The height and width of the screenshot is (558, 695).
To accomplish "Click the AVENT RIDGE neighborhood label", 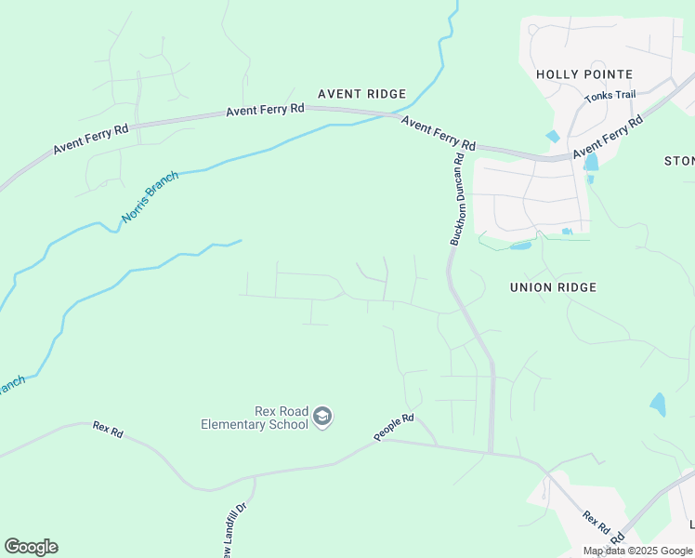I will coord(361,94).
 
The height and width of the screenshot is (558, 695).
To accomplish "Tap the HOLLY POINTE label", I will coord(584,74).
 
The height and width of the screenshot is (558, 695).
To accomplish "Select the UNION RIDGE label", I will coord(553,287).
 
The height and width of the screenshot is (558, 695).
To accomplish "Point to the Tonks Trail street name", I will coord(610,96).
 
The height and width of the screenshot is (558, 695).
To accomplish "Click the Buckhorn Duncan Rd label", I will coord(457,200).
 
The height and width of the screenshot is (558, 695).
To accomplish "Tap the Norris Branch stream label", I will coord(150,198).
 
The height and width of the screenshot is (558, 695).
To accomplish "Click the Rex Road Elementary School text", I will coord(255,418).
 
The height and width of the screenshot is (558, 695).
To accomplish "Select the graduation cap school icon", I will coord(322,418).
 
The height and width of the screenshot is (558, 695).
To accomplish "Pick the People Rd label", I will coord(393,428).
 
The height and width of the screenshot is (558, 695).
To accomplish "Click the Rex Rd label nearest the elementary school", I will coord(108,429).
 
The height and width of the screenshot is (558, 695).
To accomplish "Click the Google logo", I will coord(31,547).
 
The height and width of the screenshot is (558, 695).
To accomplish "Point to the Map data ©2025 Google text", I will coord(637,551).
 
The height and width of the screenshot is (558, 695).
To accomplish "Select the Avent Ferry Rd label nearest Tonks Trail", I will coord(609,138).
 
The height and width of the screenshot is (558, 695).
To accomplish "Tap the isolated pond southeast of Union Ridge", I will coord(658,405).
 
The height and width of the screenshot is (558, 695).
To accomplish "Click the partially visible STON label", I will coord(679,161).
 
